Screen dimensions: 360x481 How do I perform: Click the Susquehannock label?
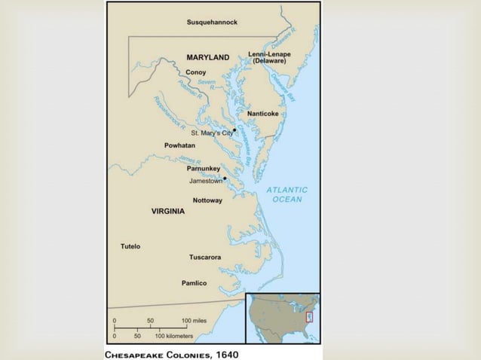tap(212, 23)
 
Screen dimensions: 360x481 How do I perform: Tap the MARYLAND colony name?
tap(207, 57)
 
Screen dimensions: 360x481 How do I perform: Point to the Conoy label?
tap(195, 72)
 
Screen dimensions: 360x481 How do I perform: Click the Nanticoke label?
tap(262, 114)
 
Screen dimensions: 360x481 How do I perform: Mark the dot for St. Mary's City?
tap(235, 130)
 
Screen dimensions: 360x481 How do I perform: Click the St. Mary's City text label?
tap(211, 133)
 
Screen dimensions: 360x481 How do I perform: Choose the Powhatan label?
tap(179, 145)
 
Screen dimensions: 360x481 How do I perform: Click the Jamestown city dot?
tap(225, 178)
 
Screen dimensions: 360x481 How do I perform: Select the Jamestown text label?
tap(205, 182)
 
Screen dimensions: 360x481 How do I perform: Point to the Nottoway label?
tap(207, 200)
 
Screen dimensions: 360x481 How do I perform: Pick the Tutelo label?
tap(130, 246)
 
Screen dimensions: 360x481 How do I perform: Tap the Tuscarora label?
tap(204, 257)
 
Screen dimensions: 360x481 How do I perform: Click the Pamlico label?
tap(194, 283)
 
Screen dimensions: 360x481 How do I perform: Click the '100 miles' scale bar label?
tap(194, 321)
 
